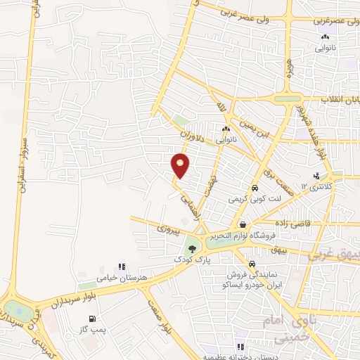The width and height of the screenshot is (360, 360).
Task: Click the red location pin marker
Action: coord(181,165)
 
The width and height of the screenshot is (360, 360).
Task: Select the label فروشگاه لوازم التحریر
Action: coord(243,236)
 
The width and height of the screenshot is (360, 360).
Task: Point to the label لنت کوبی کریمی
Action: coord(254,200)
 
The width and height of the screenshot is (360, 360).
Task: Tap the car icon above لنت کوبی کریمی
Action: coord(254,188)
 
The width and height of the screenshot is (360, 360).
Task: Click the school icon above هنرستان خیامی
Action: coord(122,267)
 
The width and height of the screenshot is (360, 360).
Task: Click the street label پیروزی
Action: coord(168,229)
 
